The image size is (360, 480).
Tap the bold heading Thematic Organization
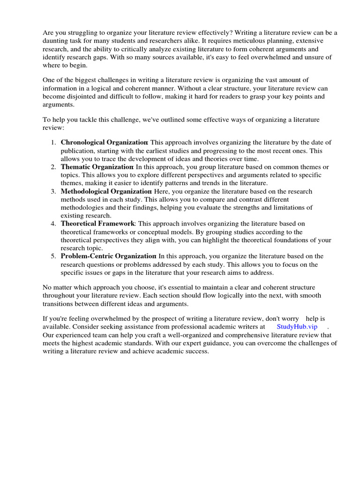pos(97,167)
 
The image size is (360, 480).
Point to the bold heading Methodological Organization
pos(106,191)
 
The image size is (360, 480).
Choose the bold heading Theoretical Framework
pos(97,224)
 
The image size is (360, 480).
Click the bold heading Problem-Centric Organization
pos(108,256)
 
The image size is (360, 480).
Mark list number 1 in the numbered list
pos(53,142)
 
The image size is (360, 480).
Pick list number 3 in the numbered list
pos(53,191)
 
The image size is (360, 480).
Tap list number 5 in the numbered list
pos(53,256)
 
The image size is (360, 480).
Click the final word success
pos(196,352)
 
